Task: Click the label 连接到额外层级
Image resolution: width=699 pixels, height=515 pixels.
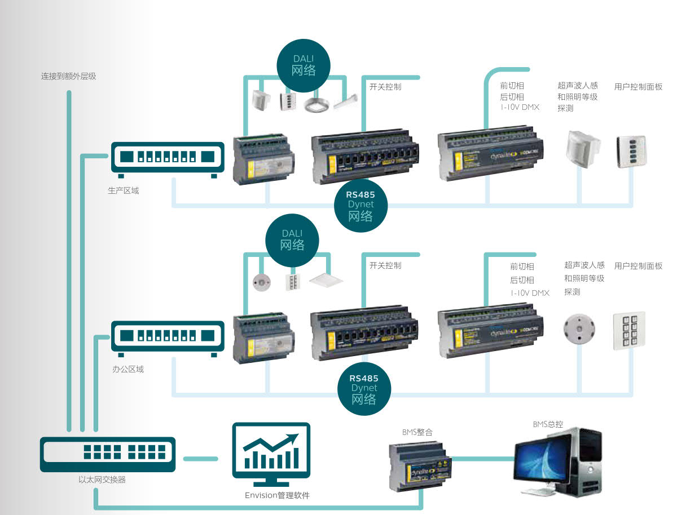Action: [68, 76]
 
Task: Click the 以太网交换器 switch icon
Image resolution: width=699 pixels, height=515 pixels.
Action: [107, 454]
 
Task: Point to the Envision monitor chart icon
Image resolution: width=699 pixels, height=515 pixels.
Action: [271, 455]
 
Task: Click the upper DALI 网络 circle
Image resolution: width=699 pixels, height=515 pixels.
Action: [304, 66]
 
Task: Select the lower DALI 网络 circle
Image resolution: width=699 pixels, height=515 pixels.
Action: [292, 241]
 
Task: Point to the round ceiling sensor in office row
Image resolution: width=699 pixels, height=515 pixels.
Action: [579, 327]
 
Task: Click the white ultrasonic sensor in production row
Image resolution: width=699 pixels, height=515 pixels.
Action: [582, 148]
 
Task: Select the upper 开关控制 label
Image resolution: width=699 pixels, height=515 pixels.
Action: [385, 87]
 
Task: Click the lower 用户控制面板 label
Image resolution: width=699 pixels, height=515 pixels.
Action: [638, 265]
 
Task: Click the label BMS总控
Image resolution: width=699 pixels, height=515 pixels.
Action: [548, 424]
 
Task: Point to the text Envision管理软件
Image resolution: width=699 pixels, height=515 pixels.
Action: [277, 495]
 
